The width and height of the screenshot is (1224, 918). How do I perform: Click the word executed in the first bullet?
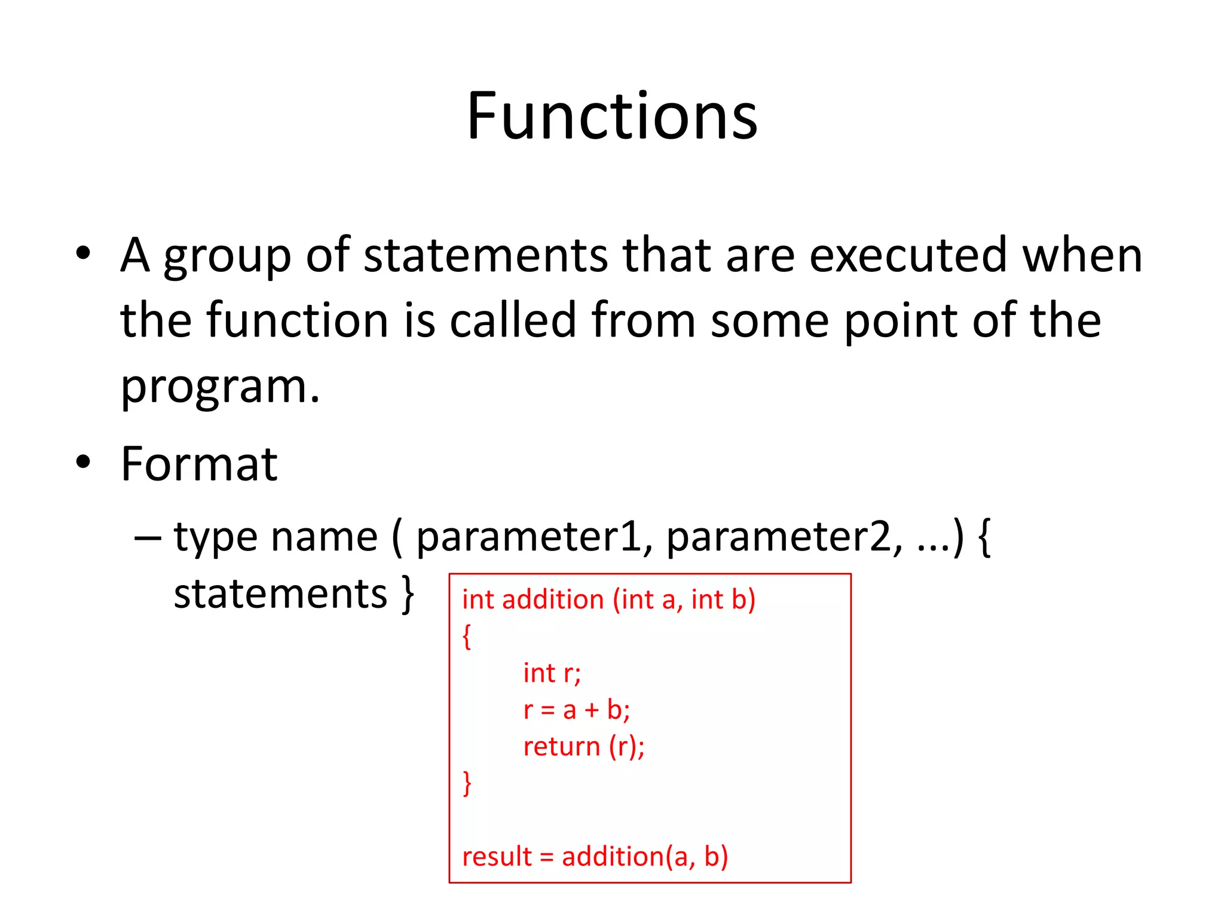(x=907, y=256)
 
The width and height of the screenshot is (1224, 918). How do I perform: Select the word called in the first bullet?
(x=512, y=320)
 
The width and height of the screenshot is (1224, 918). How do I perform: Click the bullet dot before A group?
(x=83, y=253)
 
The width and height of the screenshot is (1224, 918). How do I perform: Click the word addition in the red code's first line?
(x=553, y=599)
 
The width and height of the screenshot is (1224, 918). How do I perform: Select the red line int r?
(x=551, y=674)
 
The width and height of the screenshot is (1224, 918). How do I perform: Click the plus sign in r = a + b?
(x=591, y=710)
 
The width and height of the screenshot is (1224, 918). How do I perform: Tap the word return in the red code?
(x=561, y=746)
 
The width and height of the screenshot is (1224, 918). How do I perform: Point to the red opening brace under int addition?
(x=467, y=637)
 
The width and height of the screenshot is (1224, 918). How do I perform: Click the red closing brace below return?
(x=467, y=783)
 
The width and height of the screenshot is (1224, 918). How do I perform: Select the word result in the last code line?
(x=497, y=856)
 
